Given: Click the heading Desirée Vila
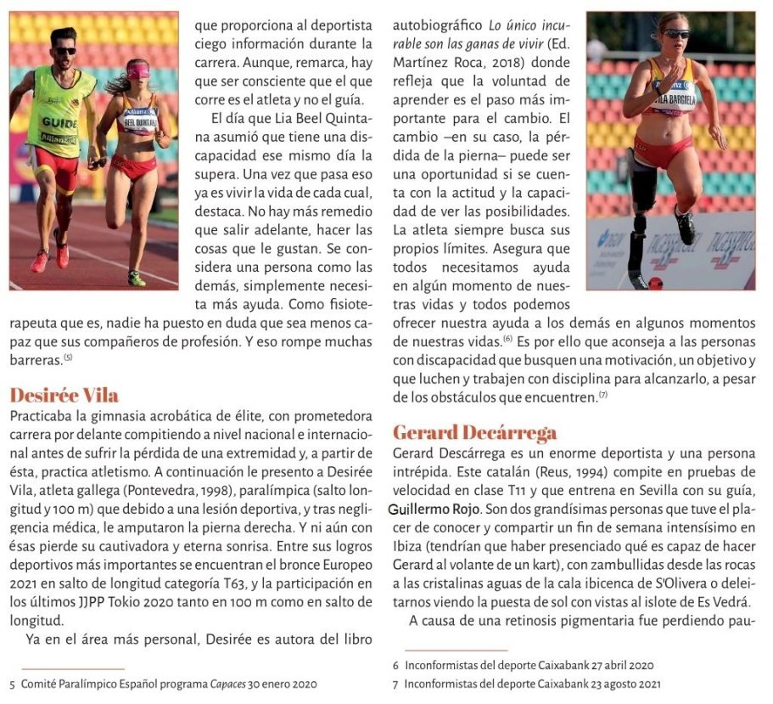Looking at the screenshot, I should [64, 395].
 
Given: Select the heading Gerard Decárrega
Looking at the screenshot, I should [474, 432].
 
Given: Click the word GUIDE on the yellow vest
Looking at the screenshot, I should [59, 122].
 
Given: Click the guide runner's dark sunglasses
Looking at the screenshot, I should [64, 52].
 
